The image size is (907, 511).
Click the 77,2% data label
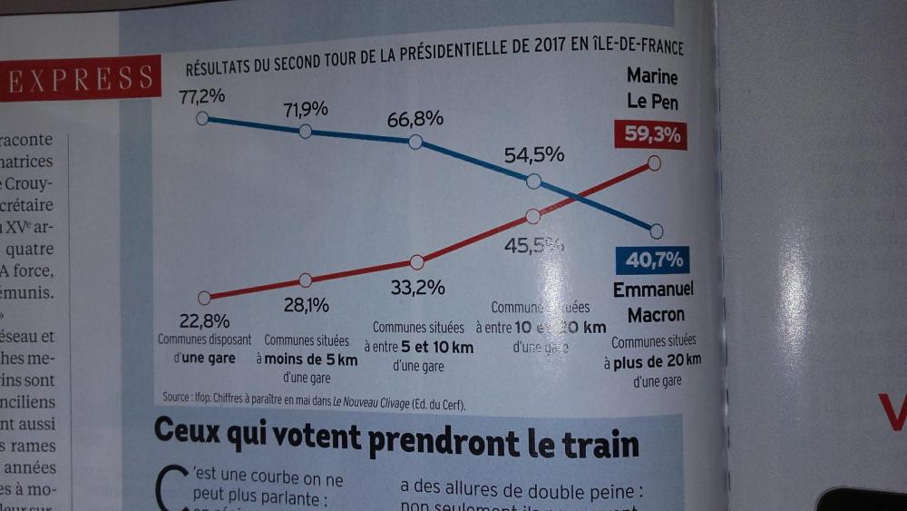click(x=200, y=95)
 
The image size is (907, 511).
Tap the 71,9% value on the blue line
click(x=306, y=110)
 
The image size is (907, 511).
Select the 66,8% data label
click(x=414, y=119)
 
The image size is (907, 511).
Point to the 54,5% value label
click(x=534, y=155)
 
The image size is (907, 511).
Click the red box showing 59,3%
click(x=649, y=136)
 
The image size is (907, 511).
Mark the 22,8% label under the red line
click(x=203, y=320)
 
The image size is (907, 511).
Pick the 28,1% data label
click(x=306, y=305)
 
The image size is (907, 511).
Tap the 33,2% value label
click(x=417, y=289)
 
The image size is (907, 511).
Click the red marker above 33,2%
click(x=416, y=262)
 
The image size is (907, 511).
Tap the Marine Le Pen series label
click(x=652, y=88)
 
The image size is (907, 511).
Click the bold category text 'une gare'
click(x=204, y=359)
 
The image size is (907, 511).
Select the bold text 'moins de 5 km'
click(x=313, y=359)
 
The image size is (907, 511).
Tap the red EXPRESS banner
click(x=80, y=79)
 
